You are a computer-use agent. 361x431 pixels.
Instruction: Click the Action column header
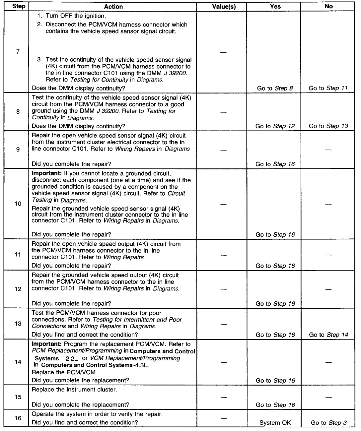[113, 7]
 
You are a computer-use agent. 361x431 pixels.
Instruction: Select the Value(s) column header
[224, 7]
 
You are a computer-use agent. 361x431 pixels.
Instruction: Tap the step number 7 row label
[18, 51]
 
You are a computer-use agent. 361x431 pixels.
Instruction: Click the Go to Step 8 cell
[275, 88]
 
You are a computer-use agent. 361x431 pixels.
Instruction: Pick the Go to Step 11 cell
[328, 88]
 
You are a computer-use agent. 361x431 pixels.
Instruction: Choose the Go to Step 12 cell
[275, 126]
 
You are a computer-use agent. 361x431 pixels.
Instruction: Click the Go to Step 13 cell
[328, 126]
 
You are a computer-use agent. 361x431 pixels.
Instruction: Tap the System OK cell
[275, 423]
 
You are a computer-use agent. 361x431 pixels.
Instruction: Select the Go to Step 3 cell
[328, 423]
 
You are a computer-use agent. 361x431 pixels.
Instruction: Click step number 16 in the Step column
[18, 418]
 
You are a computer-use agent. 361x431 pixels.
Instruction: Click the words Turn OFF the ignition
[76, 16]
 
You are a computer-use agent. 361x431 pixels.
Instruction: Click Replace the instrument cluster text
[74, 390]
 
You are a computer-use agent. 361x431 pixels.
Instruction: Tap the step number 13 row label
[18, 324]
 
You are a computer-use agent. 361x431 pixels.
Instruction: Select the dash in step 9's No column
[328, 150]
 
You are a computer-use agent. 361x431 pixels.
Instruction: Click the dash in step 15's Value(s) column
[224, 397]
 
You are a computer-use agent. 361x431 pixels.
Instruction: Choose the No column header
[328, 7]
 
